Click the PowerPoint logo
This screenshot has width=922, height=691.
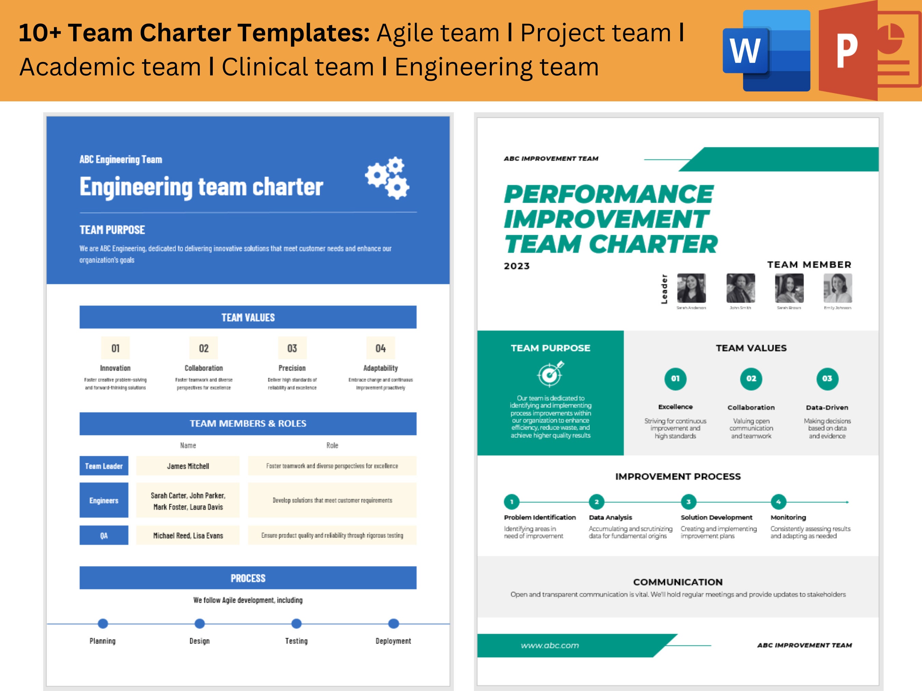click(869, 51)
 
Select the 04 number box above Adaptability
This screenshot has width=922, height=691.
click(380, 348)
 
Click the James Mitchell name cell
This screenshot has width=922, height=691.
click(188, 466)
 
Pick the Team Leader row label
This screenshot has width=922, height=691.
click(104, 466)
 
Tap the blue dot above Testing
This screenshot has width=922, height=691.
click(296, 623)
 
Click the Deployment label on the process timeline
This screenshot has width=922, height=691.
click(393, 641)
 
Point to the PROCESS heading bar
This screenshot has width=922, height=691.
click(248, 578)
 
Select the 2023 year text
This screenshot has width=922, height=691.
click(517, 266)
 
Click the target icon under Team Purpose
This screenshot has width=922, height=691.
click(550, 374)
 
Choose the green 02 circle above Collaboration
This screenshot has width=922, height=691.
click(751, 379)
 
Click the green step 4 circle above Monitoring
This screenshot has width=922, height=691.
click(778, 502)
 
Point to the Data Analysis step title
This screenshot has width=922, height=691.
click(610, 517)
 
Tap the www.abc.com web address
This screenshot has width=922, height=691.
click(550, 646)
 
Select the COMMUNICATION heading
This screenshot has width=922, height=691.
click(678, 582)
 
